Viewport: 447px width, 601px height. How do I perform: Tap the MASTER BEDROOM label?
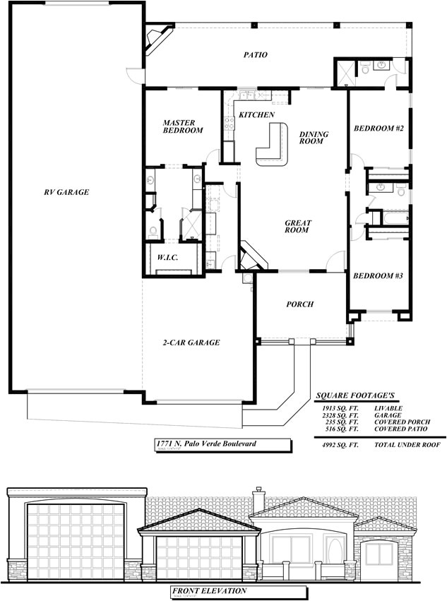[x=183, y=126]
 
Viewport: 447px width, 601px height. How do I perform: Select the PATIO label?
[x=255, y=54]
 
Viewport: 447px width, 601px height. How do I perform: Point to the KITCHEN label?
[x=256, y=114]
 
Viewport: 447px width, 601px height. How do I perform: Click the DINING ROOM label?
[x=311, y=138]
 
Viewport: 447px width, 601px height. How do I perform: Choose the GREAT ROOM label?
[x=298, y=227]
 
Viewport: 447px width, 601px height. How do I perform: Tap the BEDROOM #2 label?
[x=378, y=129]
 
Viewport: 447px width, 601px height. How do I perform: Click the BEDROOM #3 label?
[x=378, y=275]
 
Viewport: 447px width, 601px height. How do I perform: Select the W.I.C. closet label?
[x=167, y=258]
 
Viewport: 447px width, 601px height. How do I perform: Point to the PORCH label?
[x=299, y=304]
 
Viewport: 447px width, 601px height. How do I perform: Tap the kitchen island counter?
[x=272, y=145]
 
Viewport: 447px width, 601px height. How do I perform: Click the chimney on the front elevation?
[x=258, y=496]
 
